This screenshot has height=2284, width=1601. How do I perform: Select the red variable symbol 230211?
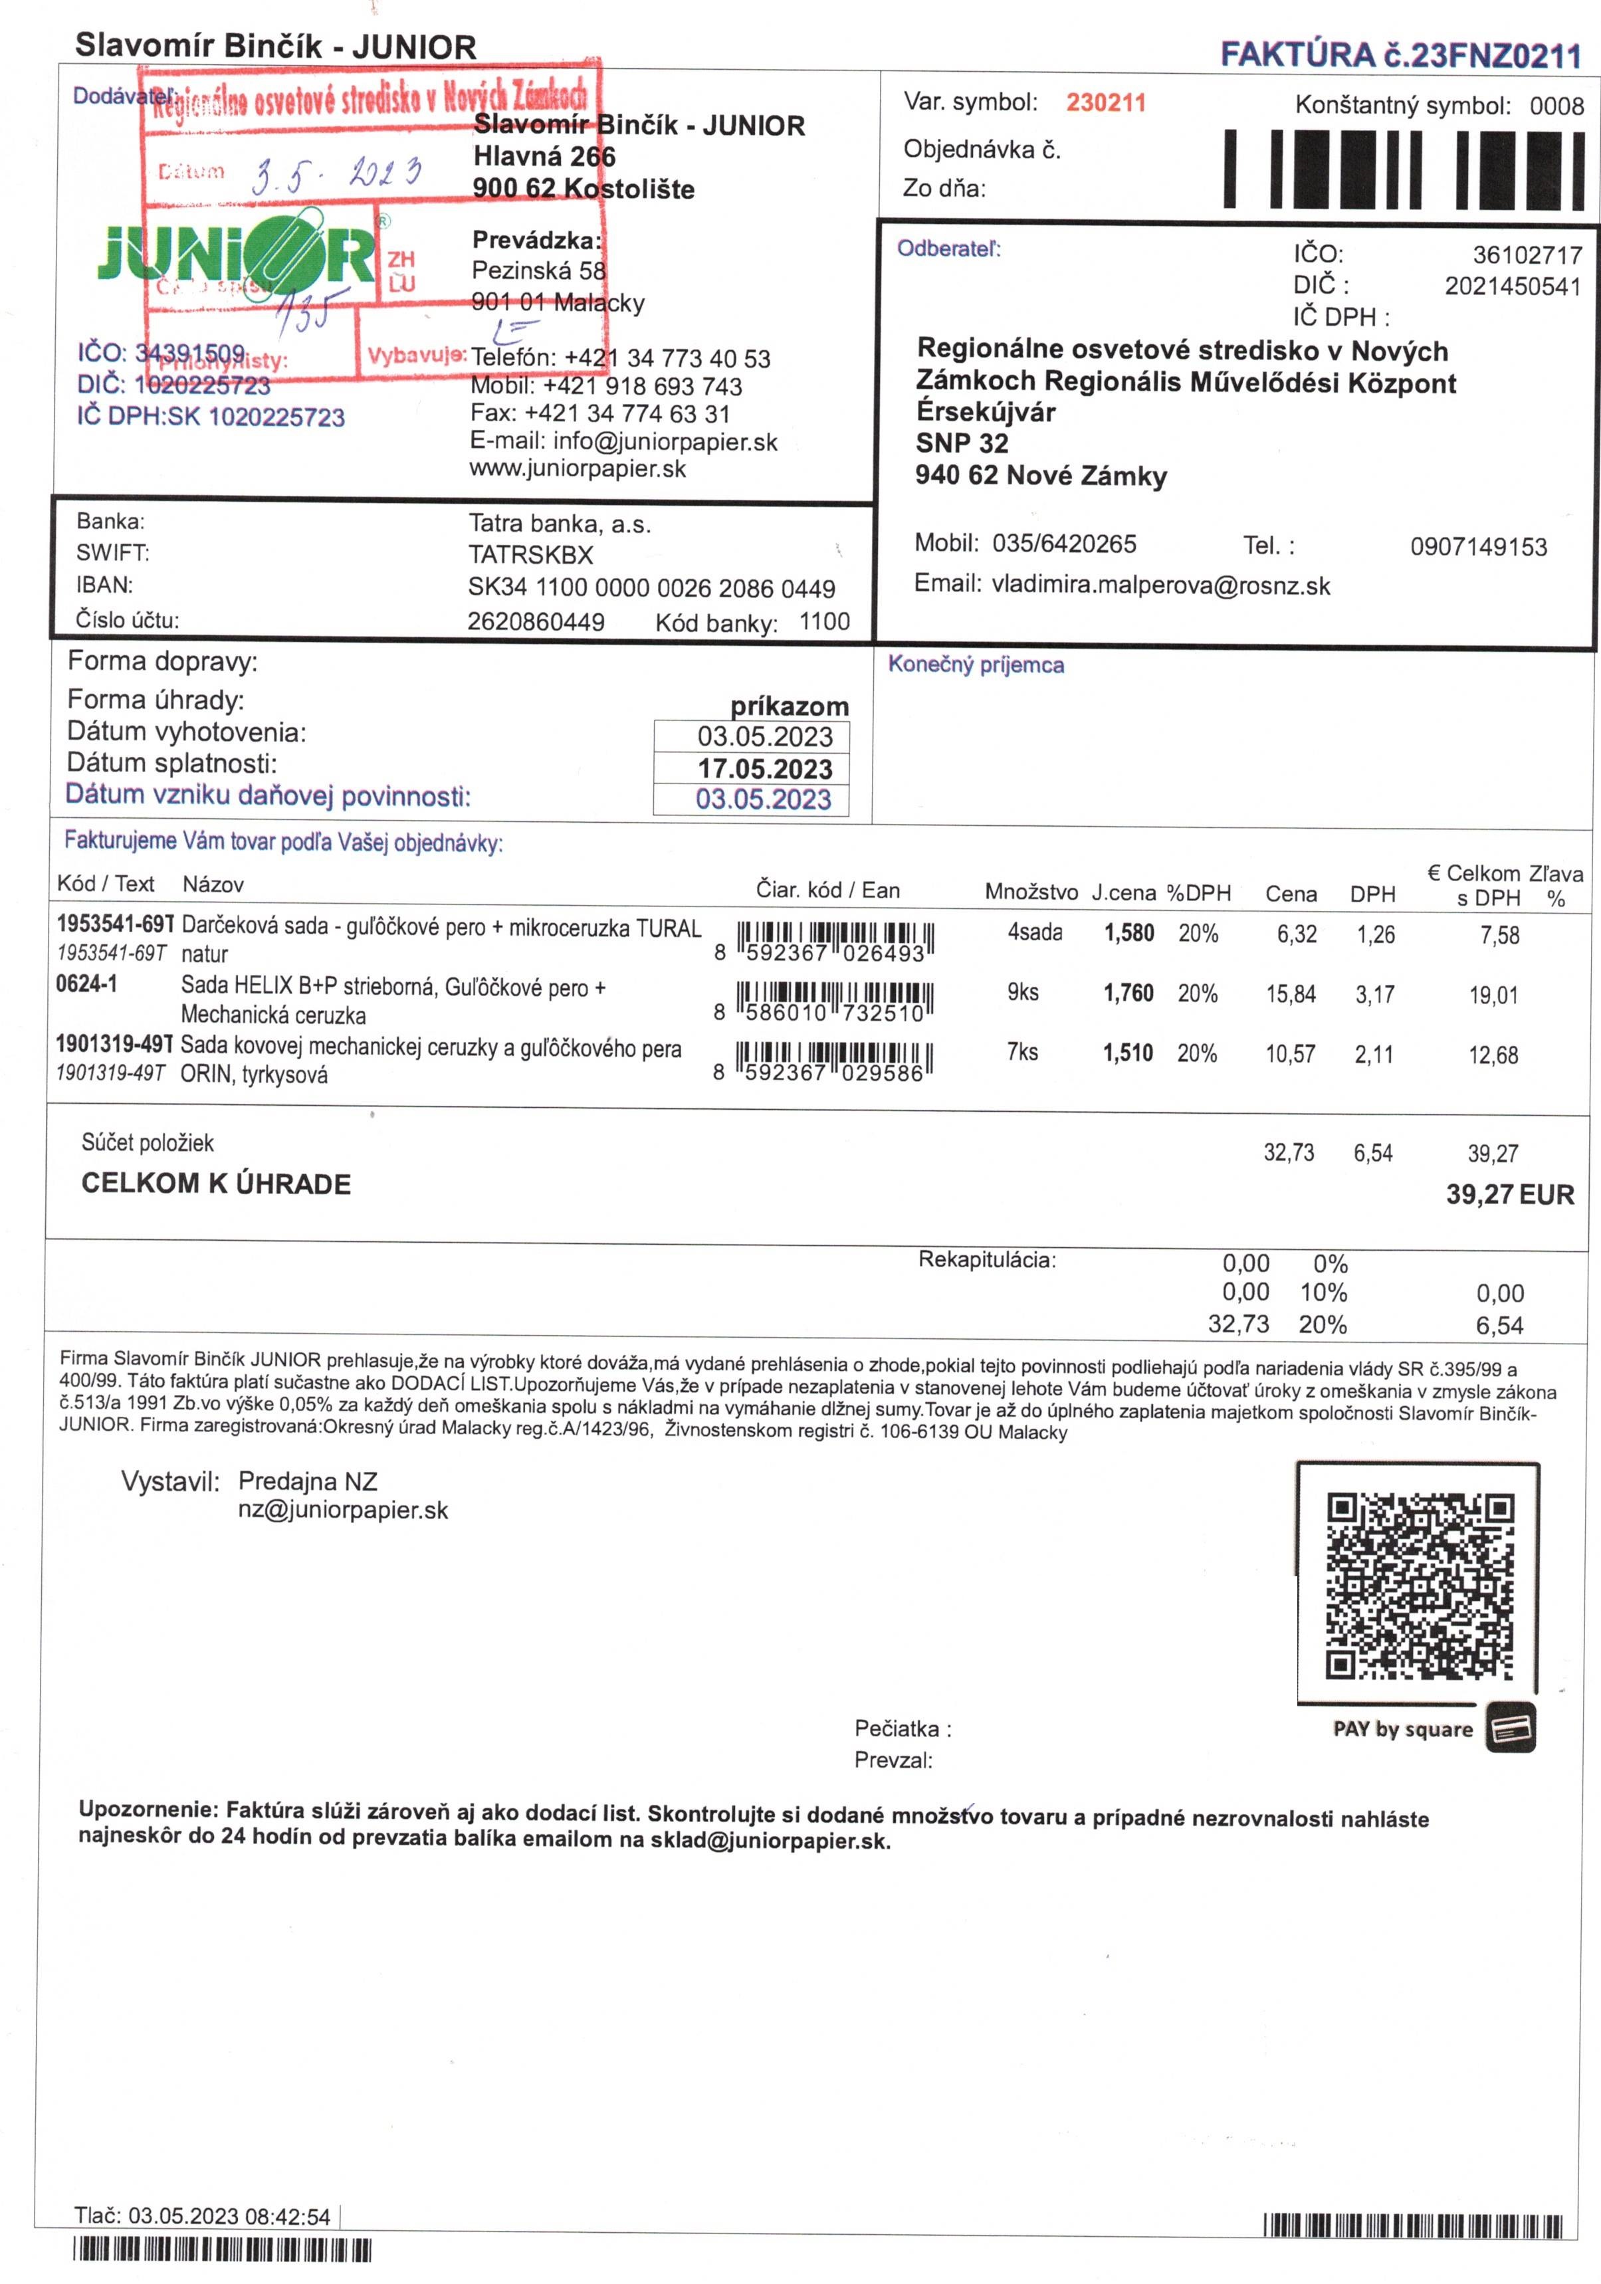tap(1105, 102)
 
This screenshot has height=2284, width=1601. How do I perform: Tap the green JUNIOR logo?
tap(237, 254)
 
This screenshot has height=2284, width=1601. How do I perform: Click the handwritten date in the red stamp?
tap(336, 175)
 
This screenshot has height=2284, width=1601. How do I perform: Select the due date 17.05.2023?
tap(764, 769)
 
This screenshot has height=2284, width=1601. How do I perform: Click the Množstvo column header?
tap(1031, 891)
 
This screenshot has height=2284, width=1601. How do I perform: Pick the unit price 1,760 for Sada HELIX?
tap(1128, 993)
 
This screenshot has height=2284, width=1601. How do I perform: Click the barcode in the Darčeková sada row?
tap(834, 941)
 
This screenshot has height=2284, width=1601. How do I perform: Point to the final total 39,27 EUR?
tap(1509, 1195)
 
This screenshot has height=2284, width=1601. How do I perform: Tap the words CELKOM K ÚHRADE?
tap(216, 1184)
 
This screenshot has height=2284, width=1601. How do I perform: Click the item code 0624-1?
tap(86, 985)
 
